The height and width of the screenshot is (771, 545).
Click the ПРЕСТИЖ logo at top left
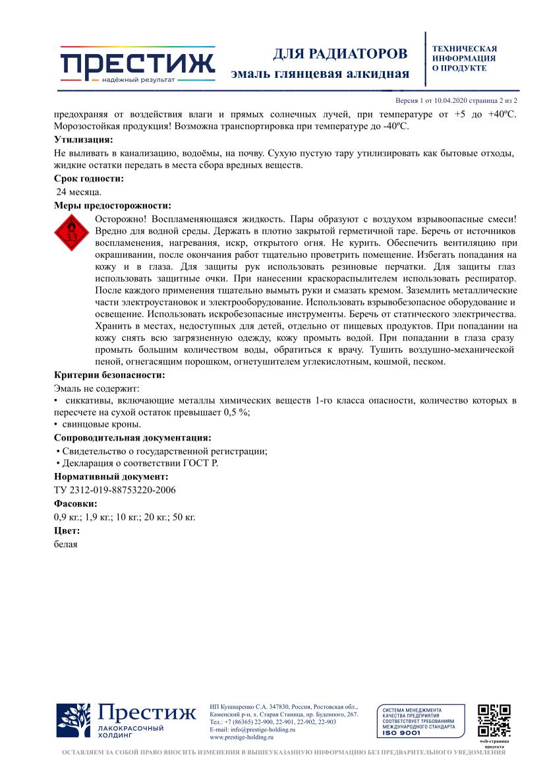pos(137,65)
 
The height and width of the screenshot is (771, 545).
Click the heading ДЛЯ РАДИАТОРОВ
pos(340,53)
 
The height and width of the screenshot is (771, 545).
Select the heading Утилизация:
pos(83,140)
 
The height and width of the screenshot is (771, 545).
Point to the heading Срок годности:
pos(88,179)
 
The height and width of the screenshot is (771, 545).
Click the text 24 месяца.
pos(79,192)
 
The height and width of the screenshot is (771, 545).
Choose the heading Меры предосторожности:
pos(112,205)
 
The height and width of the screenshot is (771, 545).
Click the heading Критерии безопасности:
pos(109,375)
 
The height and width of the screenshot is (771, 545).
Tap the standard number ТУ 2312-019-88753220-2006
pos(115,489)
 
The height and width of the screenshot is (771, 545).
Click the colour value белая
pos(66,544)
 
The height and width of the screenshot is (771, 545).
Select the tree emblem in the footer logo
pos(72,720)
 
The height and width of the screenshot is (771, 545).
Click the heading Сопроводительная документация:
pos(132,437)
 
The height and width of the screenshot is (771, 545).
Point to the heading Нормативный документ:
pos(111,476)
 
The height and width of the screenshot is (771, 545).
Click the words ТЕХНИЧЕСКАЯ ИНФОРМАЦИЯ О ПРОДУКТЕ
pos(465,58)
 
